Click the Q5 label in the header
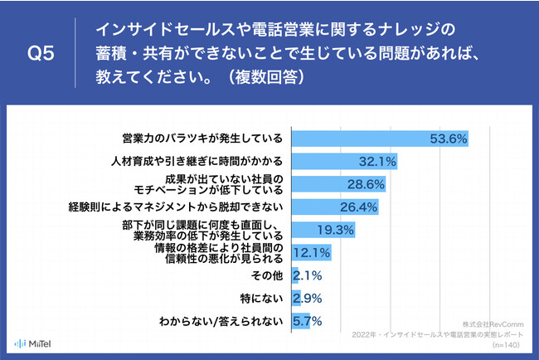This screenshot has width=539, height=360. (x=41, y=54)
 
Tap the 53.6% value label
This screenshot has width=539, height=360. (x=449, y=138)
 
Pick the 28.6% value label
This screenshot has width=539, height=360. (x=366, y=183)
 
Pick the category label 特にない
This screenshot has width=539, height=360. (x=266, y=297)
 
